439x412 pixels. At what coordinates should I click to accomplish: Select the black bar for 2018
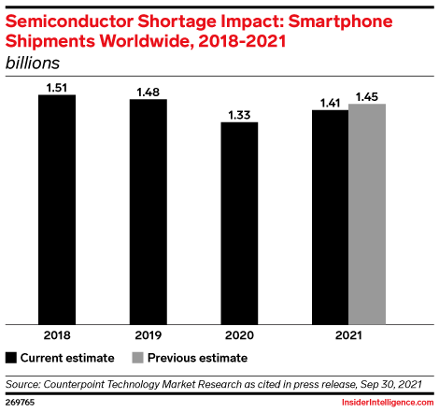(57, 209)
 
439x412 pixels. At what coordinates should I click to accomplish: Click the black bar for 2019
(149, 212)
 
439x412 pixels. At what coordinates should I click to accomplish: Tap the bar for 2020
(239, 223)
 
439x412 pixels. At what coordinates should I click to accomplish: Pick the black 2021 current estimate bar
(331, 218)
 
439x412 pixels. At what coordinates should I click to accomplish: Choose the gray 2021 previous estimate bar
(367, 214)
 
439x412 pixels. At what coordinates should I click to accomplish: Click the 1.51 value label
(57, 88)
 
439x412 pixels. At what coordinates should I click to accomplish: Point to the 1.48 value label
(149, 92)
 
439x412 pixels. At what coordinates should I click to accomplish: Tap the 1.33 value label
(239, 115)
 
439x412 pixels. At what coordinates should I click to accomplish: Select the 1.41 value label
(331, 103)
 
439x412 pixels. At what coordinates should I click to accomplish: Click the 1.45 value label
(367, 97)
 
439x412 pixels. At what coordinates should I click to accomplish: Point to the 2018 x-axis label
(57, 335)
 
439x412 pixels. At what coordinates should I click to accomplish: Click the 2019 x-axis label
(149, 335)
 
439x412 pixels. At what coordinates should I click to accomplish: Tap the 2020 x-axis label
(239, 335)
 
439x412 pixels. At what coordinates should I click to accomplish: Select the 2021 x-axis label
(348, 335)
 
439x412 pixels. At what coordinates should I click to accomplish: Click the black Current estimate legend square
(11, 358)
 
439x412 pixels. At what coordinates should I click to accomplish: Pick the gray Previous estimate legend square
(137, 358)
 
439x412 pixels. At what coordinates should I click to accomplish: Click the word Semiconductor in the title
(69, 21)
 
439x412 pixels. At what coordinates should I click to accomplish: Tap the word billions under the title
(33, 63)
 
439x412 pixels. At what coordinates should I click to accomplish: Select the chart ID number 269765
(20, 402)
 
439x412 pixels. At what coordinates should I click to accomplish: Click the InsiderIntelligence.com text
(388, 403)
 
